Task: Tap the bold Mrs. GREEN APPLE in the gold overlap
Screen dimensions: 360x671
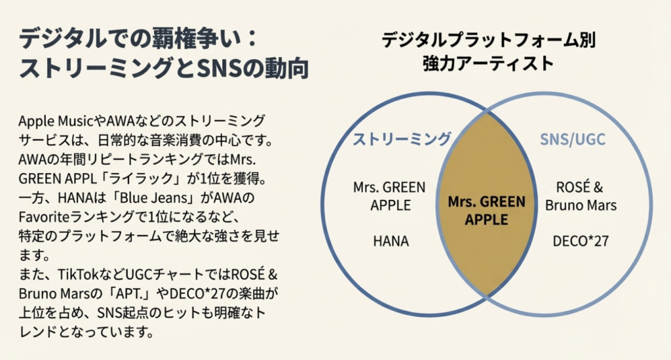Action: pos(486,210)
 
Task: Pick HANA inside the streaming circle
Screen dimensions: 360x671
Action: pos(391,241)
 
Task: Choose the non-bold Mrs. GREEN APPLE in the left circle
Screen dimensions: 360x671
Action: pos(391,196)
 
